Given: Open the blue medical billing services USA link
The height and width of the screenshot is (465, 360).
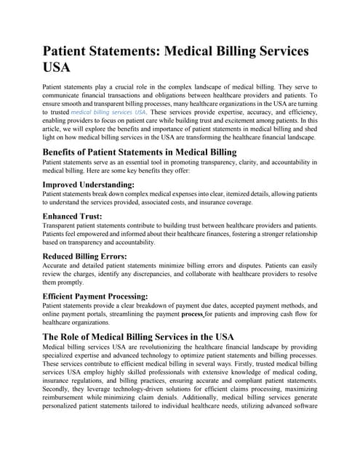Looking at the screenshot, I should (108, 112).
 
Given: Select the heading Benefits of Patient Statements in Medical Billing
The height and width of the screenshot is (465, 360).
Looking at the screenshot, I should (140, 152).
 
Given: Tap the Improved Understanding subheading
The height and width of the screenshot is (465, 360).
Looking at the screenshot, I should (89, 185).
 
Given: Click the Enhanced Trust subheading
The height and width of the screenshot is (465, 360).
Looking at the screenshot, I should (73, 217).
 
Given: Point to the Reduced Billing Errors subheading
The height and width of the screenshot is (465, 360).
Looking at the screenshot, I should (85, 256).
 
